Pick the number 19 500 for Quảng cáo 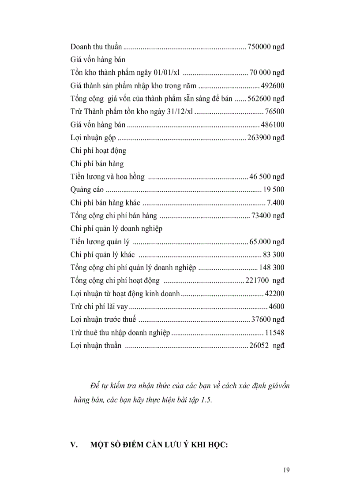274,190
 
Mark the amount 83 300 274,255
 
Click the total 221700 257,281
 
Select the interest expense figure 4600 277,307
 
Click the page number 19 286,470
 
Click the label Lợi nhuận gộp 93,138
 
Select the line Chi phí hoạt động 98,151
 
